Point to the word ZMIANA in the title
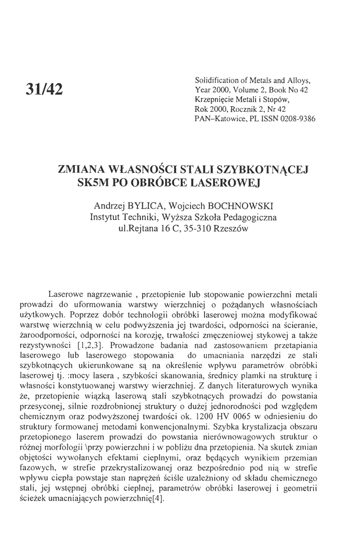(x=82, y=170)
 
